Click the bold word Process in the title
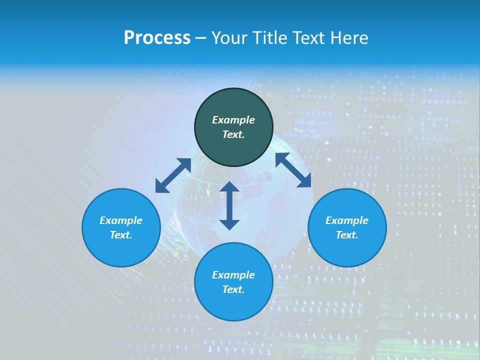[x=157, y=38]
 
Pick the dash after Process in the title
[x=200, y=39]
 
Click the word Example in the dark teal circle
[x=233, y=120]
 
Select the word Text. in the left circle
[x=121, y=235]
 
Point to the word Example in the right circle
[x=347, y=220]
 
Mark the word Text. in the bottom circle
[x=233, y=289]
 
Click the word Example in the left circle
[x=121, y=220]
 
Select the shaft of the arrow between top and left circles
[x=173, y=175]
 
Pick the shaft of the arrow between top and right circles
[x=293, y=170]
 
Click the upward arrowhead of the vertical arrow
[x=229, y=187]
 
